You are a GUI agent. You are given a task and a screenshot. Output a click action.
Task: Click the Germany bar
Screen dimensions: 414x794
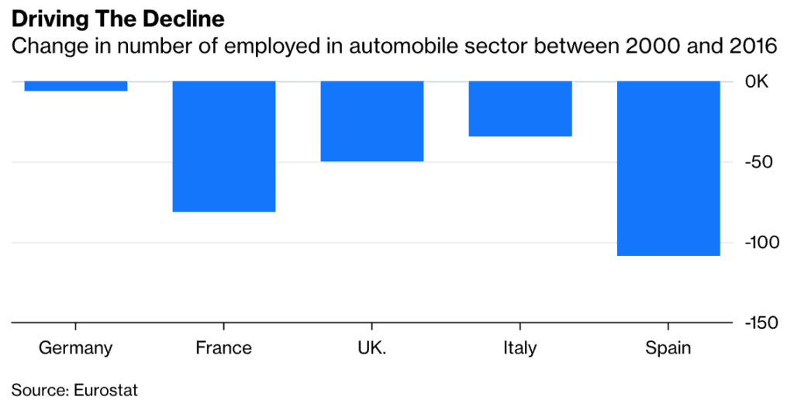(x=76, y=86)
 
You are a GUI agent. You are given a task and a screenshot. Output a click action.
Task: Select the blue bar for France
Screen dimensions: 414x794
(x=224, y=146)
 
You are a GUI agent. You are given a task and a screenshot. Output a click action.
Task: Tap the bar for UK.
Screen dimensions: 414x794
(x=372, y=121)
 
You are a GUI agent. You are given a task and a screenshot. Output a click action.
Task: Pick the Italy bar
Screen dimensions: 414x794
(x=520, y=109)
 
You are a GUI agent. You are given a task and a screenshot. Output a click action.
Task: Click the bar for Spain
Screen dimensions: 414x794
(x=668, y=168)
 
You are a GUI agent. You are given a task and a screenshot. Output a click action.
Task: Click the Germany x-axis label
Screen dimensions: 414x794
(x=76, y=347)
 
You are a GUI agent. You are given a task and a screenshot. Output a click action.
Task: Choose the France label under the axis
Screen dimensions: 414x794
(x=224, y=347)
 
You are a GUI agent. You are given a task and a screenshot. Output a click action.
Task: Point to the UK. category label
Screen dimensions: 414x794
(x=372, y=347)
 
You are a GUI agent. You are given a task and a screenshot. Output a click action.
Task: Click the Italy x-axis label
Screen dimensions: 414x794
(x=520, y=347)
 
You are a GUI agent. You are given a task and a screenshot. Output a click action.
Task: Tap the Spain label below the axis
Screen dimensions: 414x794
(x=668, y=347)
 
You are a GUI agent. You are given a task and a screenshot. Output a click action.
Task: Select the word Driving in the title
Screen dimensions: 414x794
(x=47, y=17)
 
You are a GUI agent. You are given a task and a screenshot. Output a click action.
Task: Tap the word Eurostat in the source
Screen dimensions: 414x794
(x=106, y=390)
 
